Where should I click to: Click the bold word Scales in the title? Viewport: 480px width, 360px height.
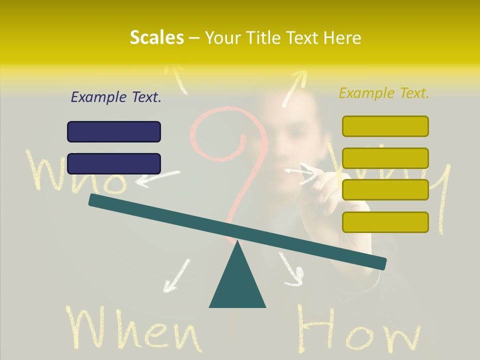pos(156,37)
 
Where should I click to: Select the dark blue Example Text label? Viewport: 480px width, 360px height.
pos(116,97)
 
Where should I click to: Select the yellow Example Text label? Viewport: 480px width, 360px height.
pos(384,93)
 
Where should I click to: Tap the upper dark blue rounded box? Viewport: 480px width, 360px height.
pos(114,131)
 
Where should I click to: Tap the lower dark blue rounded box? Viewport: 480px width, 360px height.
pos(114,163)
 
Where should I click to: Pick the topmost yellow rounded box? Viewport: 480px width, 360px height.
pos(385,126)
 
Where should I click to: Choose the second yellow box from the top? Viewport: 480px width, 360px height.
pos(385,158)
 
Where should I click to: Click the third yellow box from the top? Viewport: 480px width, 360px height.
pos(385,189)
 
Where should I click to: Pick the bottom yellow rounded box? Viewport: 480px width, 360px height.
pos(385,222)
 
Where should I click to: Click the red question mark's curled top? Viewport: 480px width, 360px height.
pos(220,135)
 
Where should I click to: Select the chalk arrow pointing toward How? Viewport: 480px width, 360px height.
pos(292,270)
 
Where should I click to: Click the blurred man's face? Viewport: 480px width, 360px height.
pos(290,135)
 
